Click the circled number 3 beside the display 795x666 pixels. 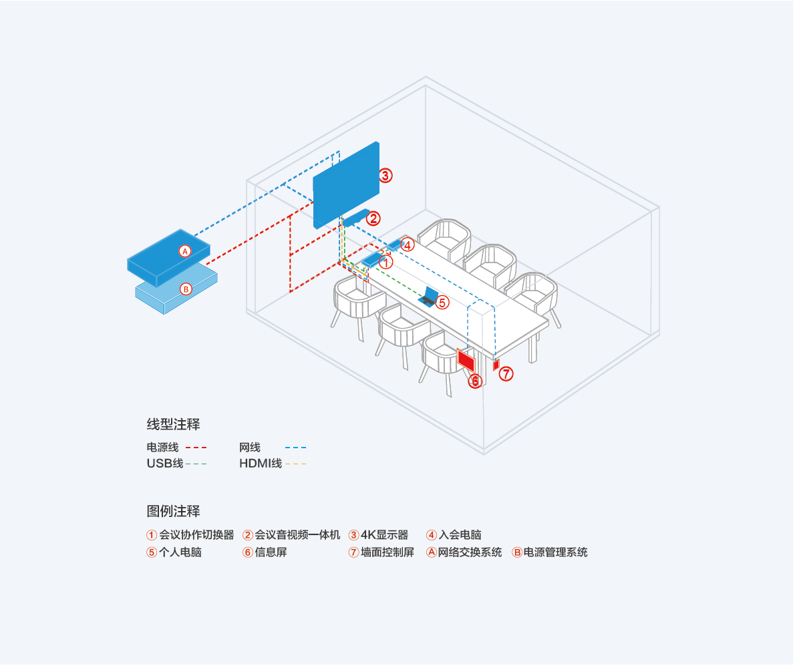tap(385, 176)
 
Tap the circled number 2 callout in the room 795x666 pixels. tap(373, 218)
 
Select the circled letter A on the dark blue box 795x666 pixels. tap(185, 251)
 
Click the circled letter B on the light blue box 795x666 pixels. tap(186, 289)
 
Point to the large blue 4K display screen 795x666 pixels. tap(346, 185)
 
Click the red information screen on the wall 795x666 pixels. tap(466, 359)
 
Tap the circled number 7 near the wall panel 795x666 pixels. tap(506, 374)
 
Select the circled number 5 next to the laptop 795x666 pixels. tap(443, 303)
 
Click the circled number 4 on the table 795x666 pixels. tap(408, 245)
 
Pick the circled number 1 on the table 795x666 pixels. tap(386, 263)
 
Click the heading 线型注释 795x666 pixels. tap(174, 424)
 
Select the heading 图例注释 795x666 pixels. tap(174, 511)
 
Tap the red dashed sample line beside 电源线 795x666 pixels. tap(196, 448)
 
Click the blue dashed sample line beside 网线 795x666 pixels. tap(295, 448)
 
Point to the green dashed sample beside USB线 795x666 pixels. tap(196, 464)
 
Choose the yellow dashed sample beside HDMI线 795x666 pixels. tap(295, 464)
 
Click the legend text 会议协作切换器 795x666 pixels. tap(196, 534)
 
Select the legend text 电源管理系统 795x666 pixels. tap(556, 552)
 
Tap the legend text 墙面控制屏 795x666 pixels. tap(387, 552)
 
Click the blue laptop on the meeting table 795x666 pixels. tap(428, 297)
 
